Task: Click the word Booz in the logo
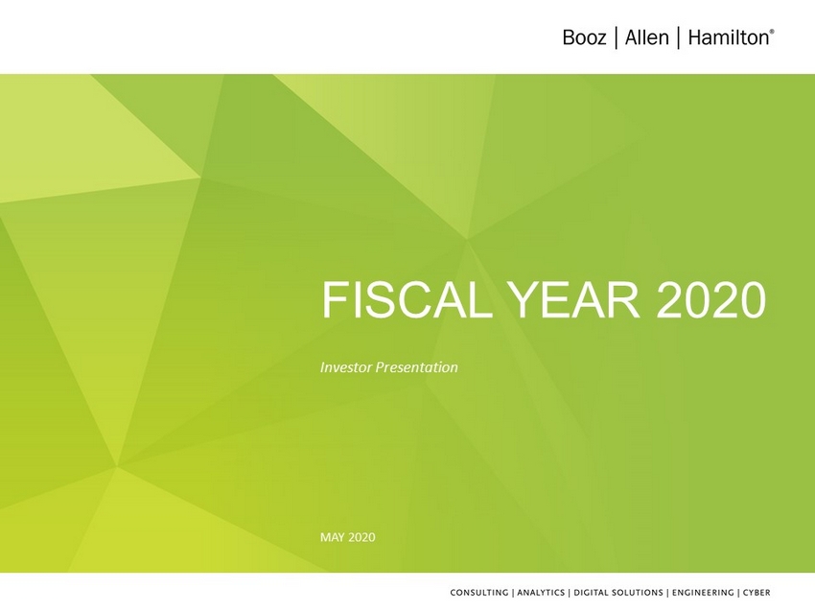coord(584,38)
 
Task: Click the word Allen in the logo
coord(646,38)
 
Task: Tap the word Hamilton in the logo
coord(728,38)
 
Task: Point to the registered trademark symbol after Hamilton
coord(772,32)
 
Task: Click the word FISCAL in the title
coord(407,300)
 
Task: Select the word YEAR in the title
coord(576,300)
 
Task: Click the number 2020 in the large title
coord(711,300)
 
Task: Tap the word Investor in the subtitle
coord(346,367)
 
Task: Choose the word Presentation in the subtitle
coord(417,367)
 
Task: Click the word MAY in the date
coord(332,537)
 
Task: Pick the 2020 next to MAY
coord(361,537)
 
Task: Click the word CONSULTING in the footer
coord(479,592)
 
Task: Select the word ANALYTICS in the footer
coord(541,592)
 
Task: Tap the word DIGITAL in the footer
coord(590,592)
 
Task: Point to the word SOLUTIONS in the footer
coord(637,592)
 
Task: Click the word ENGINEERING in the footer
coord(703,592)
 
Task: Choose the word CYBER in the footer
coord(757,592)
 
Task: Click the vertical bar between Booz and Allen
coord(616,38)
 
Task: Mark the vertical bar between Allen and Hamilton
coord(678,38)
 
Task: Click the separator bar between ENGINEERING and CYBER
coord(738,592)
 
